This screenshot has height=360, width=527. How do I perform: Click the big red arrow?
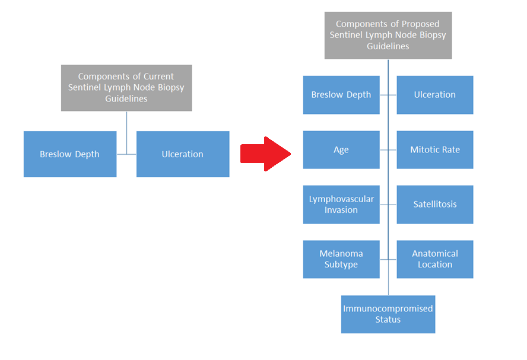pos(265,154)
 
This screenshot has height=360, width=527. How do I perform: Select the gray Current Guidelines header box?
pos(126,88)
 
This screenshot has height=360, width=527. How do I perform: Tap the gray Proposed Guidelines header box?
pos(388,35)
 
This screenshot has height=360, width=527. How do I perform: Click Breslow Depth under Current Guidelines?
pos(70,154)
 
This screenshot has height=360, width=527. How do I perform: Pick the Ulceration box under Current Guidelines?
pos(183,154)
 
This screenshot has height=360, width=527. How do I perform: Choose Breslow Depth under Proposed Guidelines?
pos(341,95)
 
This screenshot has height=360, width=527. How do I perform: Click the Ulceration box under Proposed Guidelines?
pos(435,95)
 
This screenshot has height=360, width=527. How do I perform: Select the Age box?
pos(341,150)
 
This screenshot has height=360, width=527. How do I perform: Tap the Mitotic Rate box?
pos(435,150)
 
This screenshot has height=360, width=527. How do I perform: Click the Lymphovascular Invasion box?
pos(341,205)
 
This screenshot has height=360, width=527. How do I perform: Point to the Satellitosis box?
pos(435,205)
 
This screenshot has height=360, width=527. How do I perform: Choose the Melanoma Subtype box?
pos(341,259)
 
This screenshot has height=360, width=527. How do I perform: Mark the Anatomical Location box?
pos(435,259)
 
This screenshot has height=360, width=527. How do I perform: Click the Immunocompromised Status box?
pos(388,314)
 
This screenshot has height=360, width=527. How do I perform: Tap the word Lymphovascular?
pos(341,199)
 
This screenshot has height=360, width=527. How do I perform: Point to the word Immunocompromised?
pos(388,309)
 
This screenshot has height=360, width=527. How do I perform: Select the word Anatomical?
pos(435,254)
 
